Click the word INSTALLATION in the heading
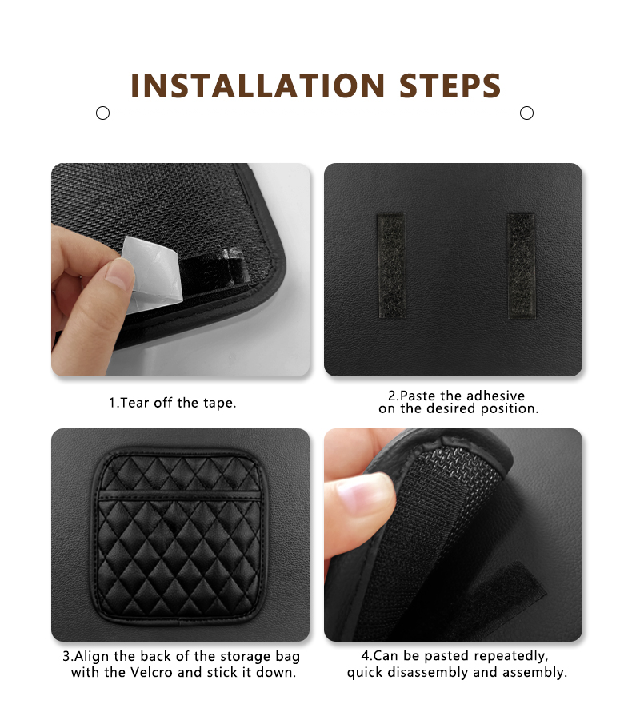[258, 86]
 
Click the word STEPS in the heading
[450, 86]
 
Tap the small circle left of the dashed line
[102, 113]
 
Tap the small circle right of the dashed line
[526, 113]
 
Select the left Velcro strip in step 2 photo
[391, 265]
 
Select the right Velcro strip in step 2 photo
[522, 266]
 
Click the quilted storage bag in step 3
[179, 536]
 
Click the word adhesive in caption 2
[495, 396]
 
